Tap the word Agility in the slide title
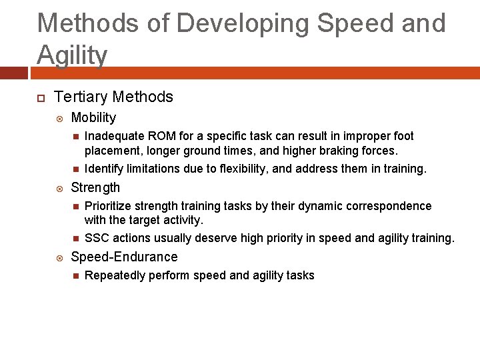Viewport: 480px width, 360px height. (72, 55)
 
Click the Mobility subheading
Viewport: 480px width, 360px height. (93, 118)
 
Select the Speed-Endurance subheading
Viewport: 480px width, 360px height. (124, 257)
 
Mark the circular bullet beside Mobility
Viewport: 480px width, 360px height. (60, 119)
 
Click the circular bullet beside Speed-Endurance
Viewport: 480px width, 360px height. (60, 258)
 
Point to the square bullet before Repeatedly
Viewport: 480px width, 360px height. (75, 276)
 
